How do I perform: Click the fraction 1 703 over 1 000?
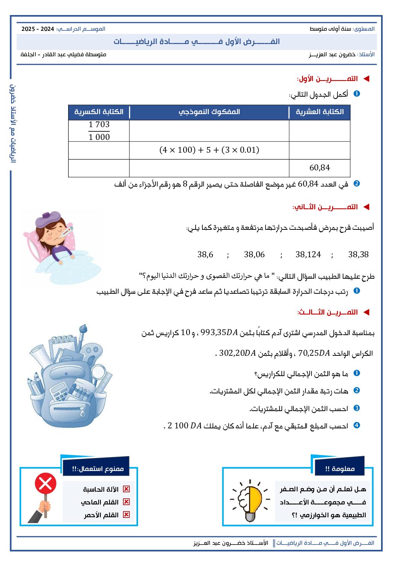(99, 131)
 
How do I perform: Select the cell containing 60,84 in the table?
(319, 168)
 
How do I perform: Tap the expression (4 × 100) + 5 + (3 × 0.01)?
(209, 150)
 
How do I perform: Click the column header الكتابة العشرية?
(320, 112)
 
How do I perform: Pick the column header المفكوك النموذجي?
(209, 112)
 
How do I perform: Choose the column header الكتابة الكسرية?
(99, 112)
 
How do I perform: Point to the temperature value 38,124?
(308, 255)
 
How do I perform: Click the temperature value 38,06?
(254, 255)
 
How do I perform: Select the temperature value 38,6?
(205, 255)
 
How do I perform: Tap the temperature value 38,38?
(358, 255)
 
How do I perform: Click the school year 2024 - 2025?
(38, 29)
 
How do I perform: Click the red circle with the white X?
(46, 484)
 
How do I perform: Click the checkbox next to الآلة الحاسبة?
(126, 489)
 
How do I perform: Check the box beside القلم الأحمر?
(126, 515)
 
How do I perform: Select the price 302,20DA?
(237, 353)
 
